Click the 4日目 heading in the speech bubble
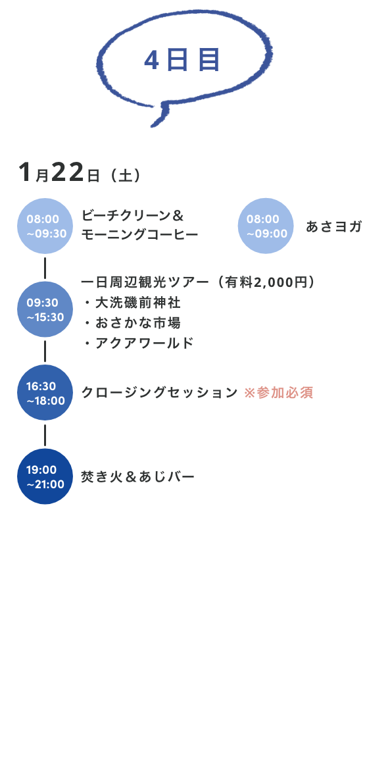(x=182, y=61)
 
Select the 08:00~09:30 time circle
(x=45, y=226)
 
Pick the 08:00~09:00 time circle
(x=266, y=226)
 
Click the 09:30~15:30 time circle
(x=45, y=309)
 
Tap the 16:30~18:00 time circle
(x=45, y=393)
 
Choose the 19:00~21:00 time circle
(x=45, y=476)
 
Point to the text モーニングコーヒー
(x=139, y=234)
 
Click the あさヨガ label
(x=334, y=226)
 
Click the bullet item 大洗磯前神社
(x=137, y=303)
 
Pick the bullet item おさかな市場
(x=137, y=322)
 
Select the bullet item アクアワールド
(x=145, y=343)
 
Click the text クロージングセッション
(x=159, y=393)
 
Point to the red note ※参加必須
(x=278, y=393)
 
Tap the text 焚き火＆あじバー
(x=137, y=477)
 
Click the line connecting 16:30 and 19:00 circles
(x=45, y=434)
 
